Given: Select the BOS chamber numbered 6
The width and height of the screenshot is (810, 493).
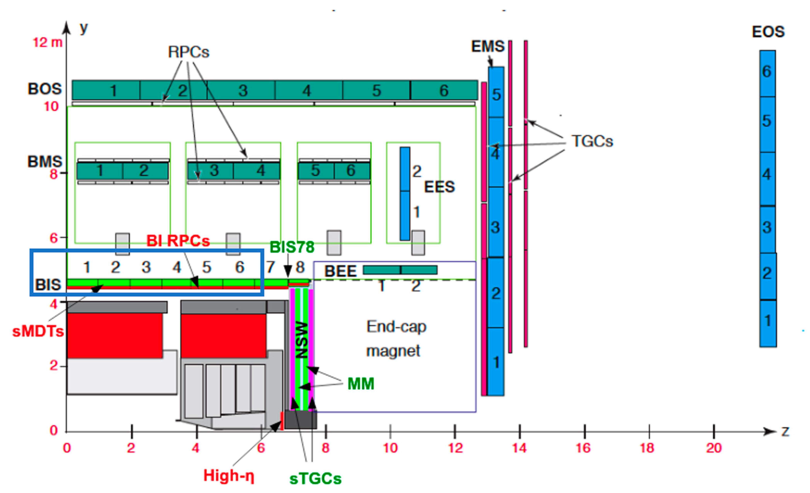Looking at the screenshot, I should click(x=444, y=90).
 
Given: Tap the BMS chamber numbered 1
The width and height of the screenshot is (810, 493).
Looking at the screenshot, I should click(x=100, y=171).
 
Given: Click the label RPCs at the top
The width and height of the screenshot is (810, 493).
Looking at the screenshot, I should click(x=188, y=52).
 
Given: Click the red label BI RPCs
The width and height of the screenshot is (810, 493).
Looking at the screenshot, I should click(x=178, y=241).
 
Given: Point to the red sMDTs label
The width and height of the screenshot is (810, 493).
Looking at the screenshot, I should click(x=38, y=331).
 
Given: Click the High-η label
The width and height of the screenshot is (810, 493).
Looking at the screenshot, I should click(x=229, y=476).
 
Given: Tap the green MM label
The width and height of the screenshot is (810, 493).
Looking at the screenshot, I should click(x=361, y=384).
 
